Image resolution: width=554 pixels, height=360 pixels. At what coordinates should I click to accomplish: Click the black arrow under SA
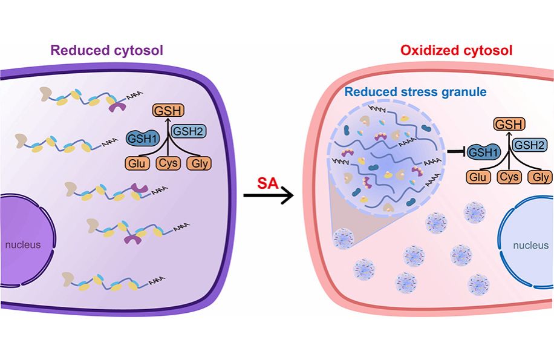[x=268, y=195]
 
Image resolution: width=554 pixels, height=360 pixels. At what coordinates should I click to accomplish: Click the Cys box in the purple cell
[x=168, y=163]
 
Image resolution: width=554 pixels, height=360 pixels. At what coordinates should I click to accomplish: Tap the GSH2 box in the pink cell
[x=529, y=146]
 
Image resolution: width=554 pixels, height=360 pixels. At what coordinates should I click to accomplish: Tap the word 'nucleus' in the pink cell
[x=530, y=246]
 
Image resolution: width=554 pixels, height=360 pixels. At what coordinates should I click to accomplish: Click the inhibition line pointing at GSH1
[x=454, y=152]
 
